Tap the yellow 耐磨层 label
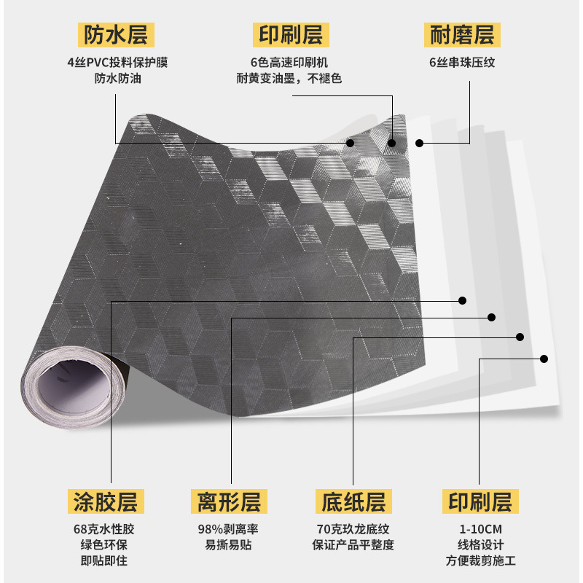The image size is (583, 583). click(462, 34)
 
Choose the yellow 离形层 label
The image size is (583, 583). click(229, 501)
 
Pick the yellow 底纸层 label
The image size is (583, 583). click(353, 501)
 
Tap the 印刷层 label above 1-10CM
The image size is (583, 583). click(480, 501)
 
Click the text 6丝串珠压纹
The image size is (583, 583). click(462, 63)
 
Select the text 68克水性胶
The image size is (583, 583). click(109, 529)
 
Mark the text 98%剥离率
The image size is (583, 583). click(229, 529)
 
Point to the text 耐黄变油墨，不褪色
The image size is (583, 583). click(289, 78)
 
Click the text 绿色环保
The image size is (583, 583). click(109, 545)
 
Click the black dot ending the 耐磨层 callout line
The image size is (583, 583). click(420, 143)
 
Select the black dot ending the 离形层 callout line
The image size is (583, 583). click(492, 318)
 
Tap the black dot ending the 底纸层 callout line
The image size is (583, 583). click(520, 337)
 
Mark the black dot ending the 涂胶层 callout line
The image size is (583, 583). click(462, 300)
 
